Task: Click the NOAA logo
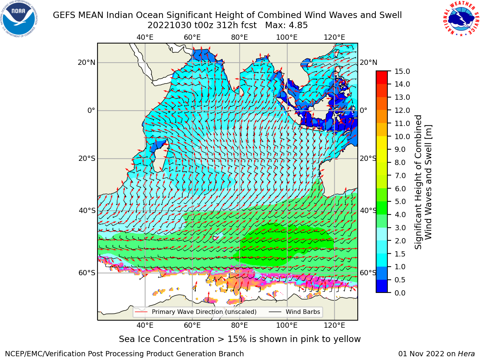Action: (x=19, y=19)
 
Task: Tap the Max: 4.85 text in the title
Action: (x=286, y=25)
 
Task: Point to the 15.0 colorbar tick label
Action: (x=402, y=71)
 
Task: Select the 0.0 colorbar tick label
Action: (x=400, y=293)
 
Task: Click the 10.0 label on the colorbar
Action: (x=402, y=136)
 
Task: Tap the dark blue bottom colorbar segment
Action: (x=382, y=286)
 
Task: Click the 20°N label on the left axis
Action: (x=87, y=63)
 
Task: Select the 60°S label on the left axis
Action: (x=87, y=273)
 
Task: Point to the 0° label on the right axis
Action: (x=364, y=110)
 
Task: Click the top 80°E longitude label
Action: (x=240, y=37)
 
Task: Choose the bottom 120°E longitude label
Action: (x=334, y=325)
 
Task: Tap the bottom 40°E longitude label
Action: (x=145, y=325)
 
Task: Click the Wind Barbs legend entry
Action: (x=294, y=312)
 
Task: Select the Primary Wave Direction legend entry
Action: (x=196, y=312)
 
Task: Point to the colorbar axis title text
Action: (x=423, y=182)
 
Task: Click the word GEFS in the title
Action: (x=64, y=15)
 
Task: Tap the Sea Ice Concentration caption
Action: (x=240, y=339)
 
